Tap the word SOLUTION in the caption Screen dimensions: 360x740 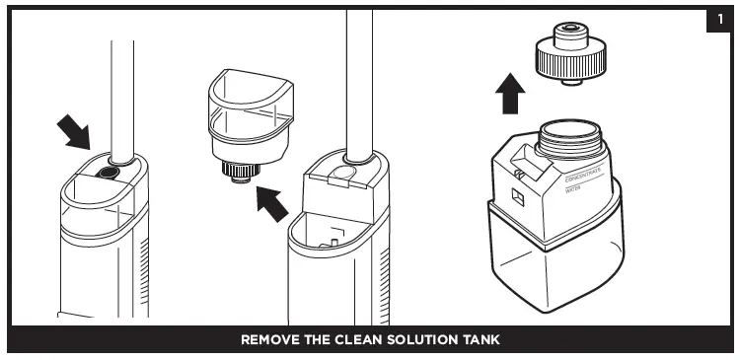pyautogui.click(x=427, y=340)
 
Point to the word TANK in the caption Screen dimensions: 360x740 pyautogui.click(x=482, y=340)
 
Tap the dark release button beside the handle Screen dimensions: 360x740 pyautogui.click(x=107, y=173)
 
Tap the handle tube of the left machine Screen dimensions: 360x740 pyautogui.click(x=123, y=99)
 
